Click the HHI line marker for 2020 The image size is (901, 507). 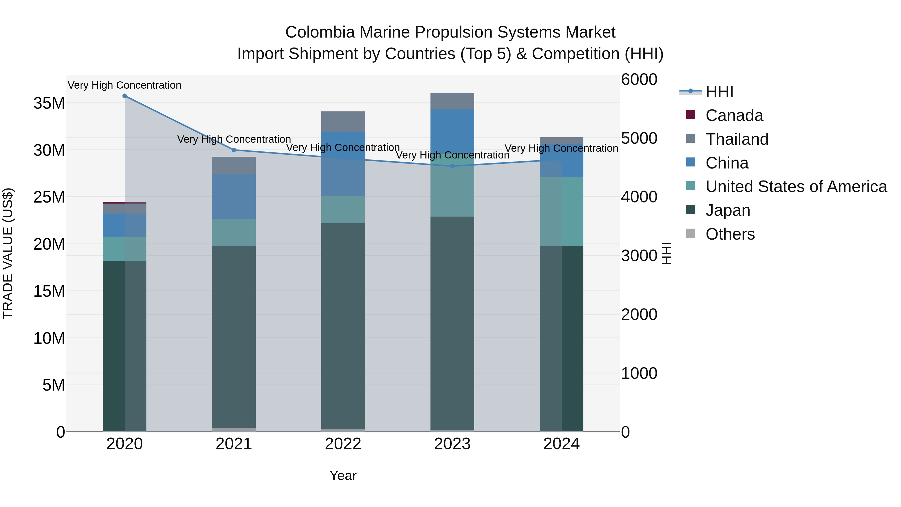pos(125,96)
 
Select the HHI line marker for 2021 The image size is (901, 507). pos(234,150)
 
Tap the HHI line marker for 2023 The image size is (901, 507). pos(452,166)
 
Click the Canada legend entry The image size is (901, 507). pos(734,115)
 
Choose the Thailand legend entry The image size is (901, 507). pos(737,139)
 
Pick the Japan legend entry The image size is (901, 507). pos(728,210)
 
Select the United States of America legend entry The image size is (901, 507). pos(796,187)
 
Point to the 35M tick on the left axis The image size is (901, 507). pos(49,104)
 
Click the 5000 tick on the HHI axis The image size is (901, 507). pos(639,138)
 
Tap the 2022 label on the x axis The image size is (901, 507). pos(343,444)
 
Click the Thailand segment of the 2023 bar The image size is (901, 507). pos(452,101)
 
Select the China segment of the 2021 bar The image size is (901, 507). pos(234,197)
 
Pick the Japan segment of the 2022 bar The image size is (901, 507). pos(343,325)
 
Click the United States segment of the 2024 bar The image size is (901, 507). pos(561,211)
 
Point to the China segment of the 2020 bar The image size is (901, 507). pos(125,225)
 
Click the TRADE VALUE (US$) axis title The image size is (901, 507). pos(8,253)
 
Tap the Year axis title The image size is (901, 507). pos(343,475)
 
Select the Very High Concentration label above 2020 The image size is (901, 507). pos(125,85)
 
